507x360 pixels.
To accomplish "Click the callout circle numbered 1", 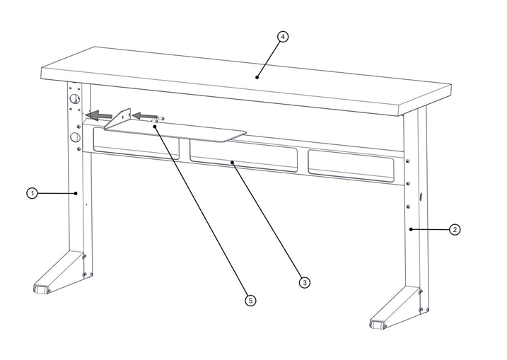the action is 32,194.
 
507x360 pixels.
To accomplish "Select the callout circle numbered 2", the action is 455,230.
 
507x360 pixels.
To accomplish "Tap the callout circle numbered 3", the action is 305,283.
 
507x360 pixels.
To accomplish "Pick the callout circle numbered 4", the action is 283,37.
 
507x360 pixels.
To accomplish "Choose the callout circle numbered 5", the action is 250,301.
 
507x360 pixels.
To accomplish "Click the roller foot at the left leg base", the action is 42,289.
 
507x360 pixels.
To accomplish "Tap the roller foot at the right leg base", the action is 378,325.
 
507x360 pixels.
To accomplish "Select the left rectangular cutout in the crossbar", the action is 136,144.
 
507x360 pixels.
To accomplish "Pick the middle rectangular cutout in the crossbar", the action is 243,156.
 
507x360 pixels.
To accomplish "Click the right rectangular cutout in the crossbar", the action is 351,167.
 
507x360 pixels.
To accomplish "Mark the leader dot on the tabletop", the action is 257,77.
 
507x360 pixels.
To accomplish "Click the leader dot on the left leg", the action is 76,193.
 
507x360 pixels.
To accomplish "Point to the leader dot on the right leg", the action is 411,229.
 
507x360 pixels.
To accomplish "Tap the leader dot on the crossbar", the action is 232,162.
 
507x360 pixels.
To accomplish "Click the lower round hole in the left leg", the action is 75,137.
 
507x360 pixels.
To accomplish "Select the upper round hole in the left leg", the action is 75,99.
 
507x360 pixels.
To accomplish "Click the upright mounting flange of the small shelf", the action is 118,117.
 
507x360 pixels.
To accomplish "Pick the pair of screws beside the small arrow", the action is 158,120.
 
